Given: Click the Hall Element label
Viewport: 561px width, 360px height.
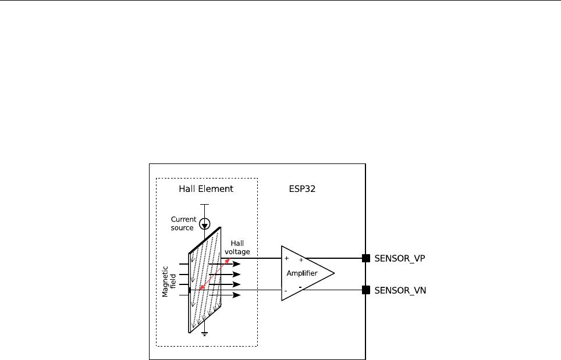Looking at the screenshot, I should point(206,189).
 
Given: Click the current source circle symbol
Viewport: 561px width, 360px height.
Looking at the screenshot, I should point(204,223).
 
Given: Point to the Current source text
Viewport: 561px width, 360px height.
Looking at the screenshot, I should point(183,223).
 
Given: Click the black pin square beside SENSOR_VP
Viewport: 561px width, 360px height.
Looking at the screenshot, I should point(366,258).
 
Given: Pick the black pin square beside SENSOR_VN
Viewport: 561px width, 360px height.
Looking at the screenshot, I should point(366,290).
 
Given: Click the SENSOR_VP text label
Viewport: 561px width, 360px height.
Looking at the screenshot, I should point(400,258).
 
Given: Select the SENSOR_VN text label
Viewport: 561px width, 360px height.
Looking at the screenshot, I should point(400,290).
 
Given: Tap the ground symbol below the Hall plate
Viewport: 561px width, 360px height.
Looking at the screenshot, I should point(204,333).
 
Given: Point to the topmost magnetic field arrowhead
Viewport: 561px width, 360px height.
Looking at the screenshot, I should point(236,264).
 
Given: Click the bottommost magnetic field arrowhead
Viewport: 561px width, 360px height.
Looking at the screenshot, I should point(236,295).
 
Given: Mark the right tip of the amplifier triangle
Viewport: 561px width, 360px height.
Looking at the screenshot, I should point(334,273).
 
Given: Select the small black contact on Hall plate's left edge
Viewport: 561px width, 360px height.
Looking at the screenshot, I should point(190,290).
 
